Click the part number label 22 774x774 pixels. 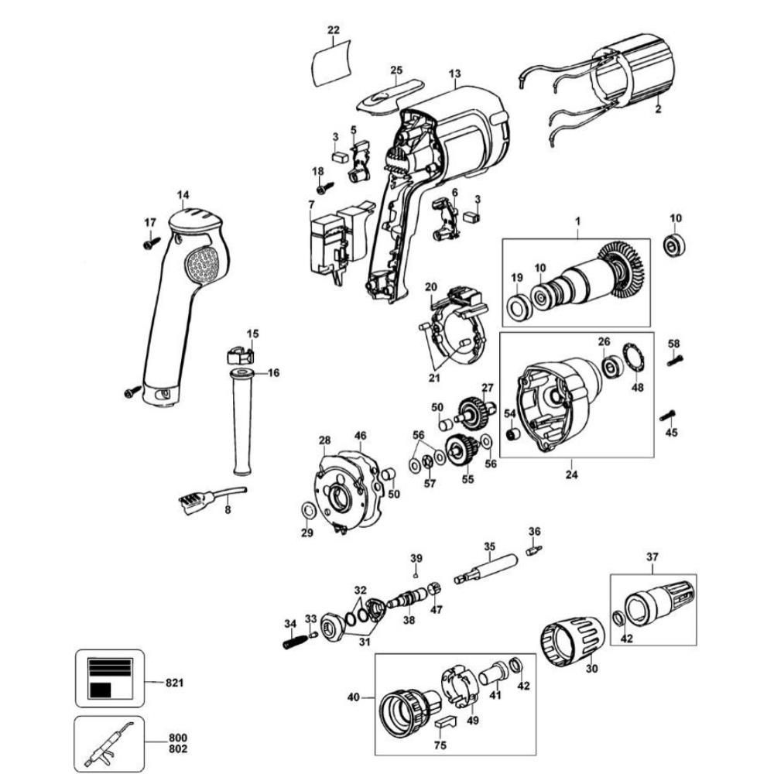[x=334, y=30]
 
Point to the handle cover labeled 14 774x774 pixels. [x=182, y=302]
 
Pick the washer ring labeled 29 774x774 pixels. [x=307, y=510]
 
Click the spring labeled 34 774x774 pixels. [x=293, y=642]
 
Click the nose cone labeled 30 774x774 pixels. [x=571, y=639]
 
